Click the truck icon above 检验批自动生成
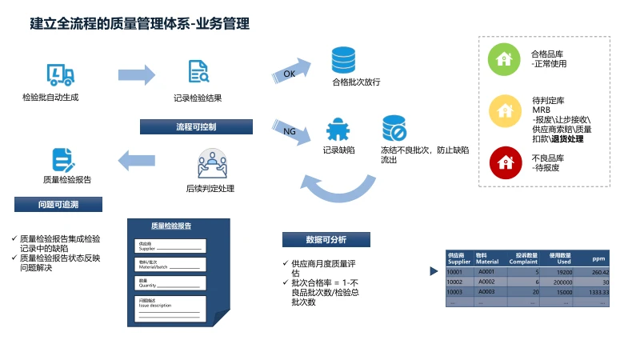pyautogui.click(x=61, y=75)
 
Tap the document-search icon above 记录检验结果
pyautogui.click(x=198, y=73)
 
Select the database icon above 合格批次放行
pyautogui.click(x=343, y=60)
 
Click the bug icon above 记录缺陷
pyautogui.click(x=337, y=129)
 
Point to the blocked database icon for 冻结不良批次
pyautogui.click(x=394, y=128)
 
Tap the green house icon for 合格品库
pyautogui.click(x=503, y=58)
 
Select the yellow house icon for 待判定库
pyautogui.click(x=503, y=110)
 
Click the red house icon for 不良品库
pyautogui.click(x=503, y=162)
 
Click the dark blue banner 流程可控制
pyautogui.click(x=196, y=127)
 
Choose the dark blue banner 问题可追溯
pyautogui.click(x=58, y=205)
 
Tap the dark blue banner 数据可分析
pyautogui.click(x=326, y=239)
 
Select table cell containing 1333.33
pyautogui.click(x=594, y=292)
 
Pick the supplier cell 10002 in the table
pyautogui.click(x=459, y=282)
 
